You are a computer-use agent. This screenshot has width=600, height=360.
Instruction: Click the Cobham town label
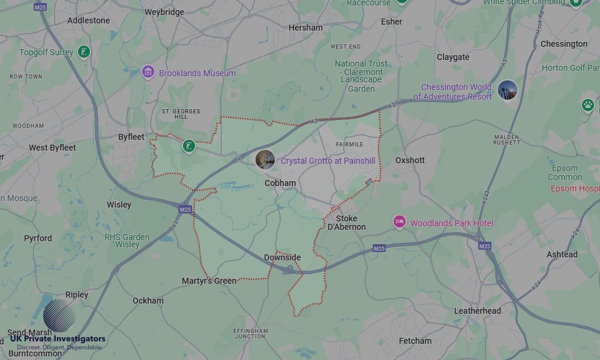[280, 183]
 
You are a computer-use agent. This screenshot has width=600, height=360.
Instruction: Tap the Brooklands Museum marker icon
[148, 73]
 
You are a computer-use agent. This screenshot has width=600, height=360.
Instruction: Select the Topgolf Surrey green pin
[84, 52]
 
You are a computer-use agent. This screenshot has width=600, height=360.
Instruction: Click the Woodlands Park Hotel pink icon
[399, 223]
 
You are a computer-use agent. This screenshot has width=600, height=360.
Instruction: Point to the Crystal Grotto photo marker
[265, 159]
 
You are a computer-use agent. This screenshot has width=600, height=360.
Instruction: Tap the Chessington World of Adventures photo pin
[508, 91]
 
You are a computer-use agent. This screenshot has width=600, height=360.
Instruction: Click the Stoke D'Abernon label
[346, 223]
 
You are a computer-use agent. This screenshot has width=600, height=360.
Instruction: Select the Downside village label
[282, 257]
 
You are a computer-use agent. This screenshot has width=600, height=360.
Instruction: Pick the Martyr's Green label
[209, 281]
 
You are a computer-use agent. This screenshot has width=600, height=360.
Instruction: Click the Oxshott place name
[410, 160]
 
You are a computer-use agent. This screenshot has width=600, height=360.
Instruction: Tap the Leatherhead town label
[477, 311]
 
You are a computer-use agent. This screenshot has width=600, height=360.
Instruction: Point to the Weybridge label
[164, 12]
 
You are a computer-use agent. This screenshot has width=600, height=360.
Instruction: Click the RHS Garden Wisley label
[127, 241]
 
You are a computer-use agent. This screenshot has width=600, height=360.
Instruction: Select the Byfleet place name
[131, 137]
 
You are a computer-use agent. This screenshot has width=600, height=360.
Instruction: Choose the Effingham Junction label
[251, 334]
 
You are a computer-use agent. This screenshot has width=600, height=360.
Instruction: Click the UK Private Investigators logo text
[58, 339]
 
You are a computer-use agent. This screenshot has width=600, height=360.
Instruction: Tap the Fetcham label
[415, 341]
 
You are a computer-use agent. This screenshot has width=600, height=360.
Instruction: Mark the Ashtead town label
[562, 254]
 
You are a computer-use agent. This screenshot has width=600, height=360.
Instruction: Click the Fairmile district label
[349, 145]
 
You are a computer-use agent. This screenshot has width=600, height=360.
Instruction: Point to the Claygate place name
[453, 57]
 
